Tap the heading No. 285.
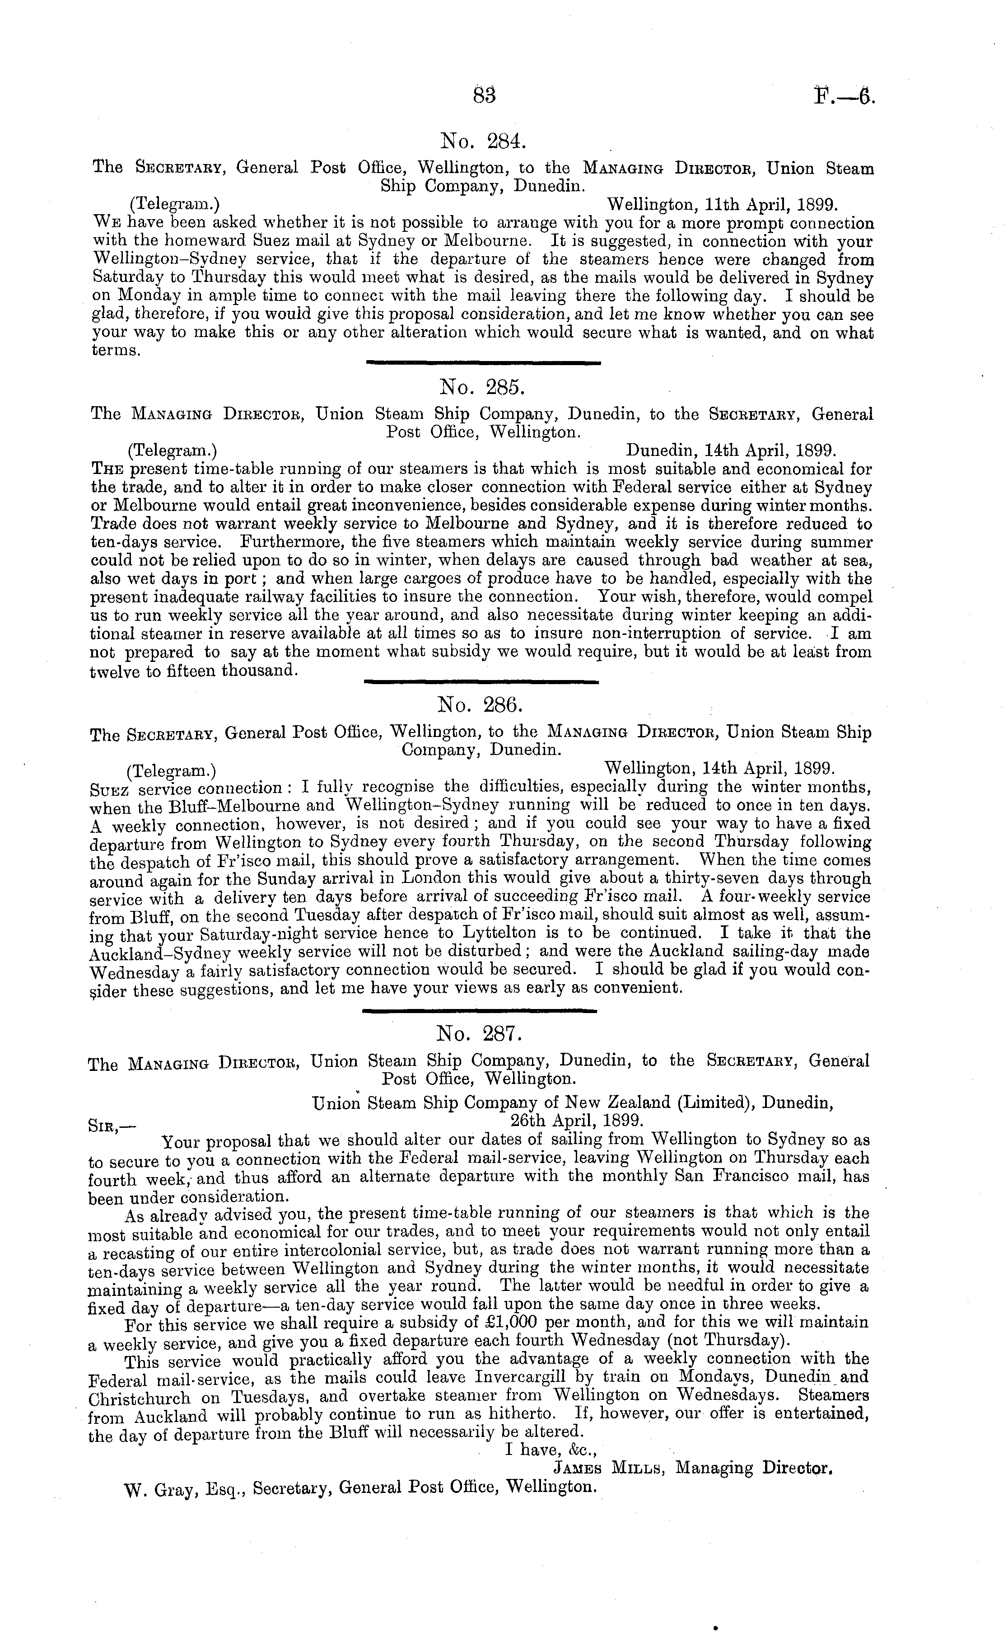483,387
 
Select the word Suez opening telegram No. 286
108,789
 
